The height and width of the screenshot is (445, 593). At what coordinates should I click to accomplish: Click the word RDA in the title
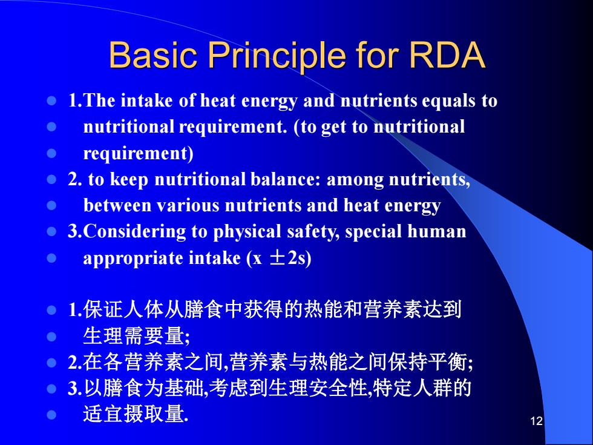447,55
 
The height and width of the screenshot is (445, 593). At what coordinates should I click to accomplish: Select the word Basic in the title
152,55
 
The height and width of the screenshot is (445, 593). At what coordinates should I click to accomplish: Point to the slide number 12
537,421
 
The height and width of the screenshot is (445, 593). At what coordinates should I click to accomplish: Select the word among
355,180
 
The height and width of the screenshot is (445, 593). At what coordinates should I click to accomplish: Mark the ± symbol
277,258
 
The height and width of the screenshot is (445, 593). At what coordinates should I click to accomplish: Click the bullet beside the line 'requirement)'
51,153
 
